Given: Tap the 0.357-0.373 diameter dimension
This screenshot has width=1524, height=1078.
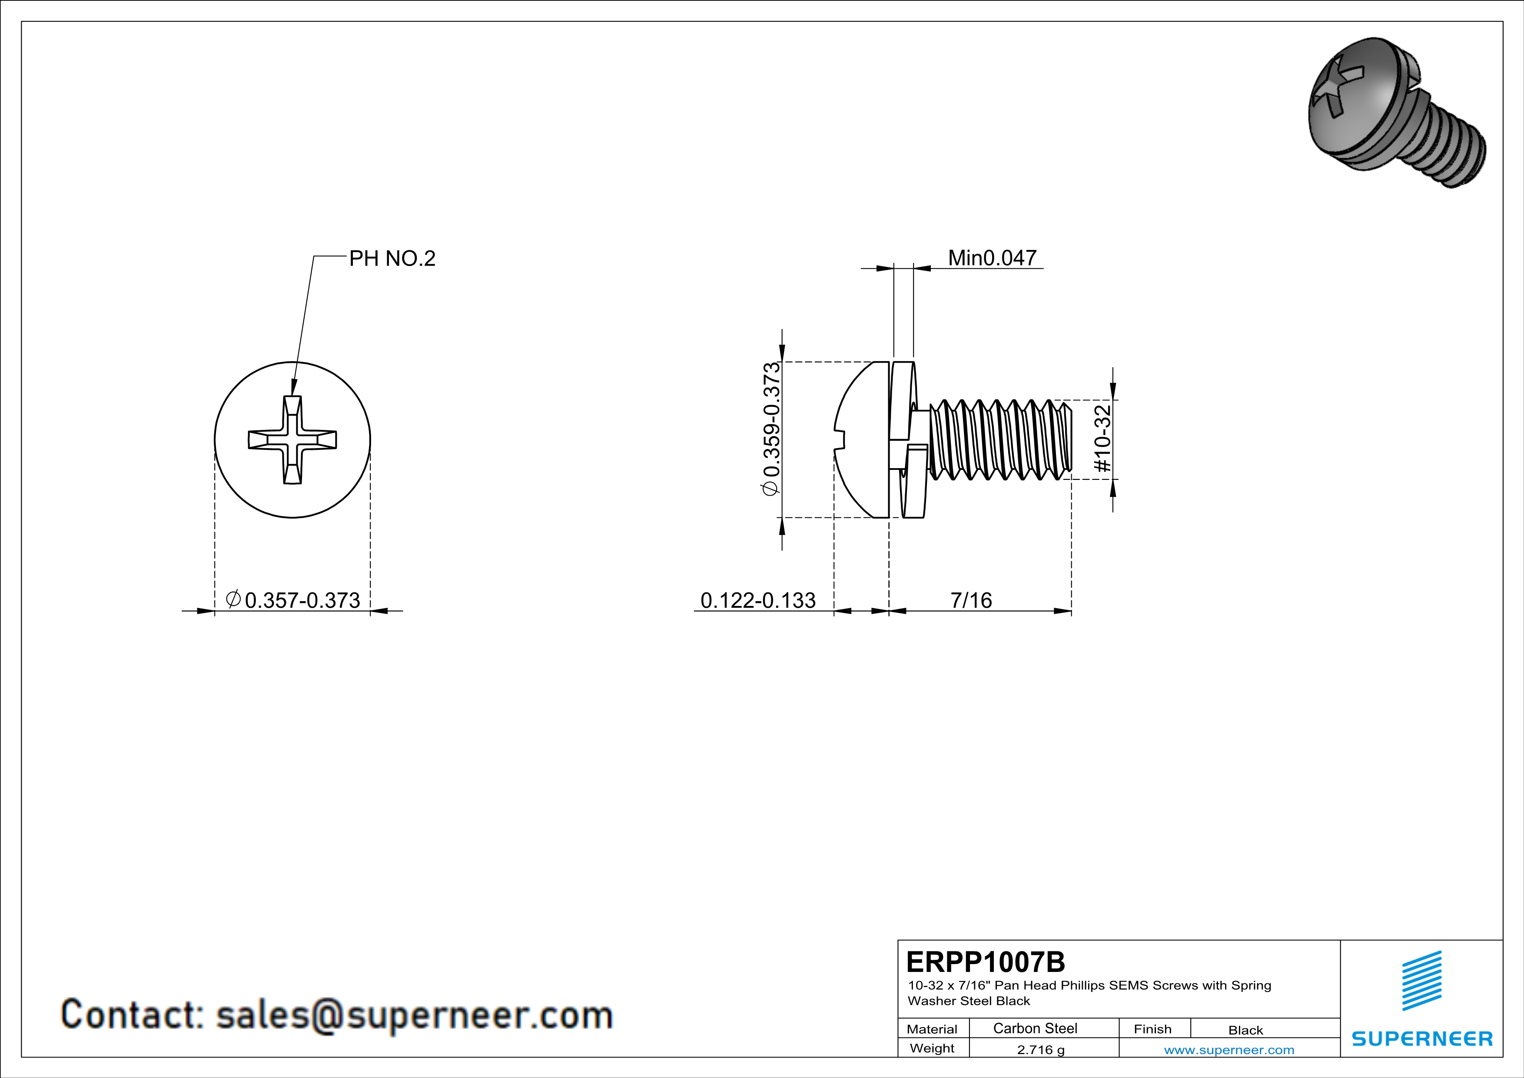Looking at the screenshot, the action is click(293, 599).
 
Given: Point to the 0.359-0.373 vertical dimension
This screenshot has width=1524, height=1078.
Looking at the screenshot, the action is click(771, 429).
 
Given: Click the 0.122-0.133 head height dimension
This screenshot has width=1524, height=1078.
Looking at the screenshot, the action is click(758, 600).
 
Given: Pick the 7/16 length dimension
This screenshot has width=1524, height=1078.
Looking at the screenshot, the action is click(971, 600).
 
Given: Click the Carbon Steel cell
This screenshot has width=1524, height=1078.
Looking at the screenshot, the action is click(1035, 1028).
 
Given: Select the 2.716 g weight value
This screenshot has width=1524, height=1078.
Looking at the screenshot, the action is click(1041, 1049).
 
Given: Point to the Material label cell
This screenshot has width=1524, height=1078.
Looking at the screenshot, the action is click(932, 1029).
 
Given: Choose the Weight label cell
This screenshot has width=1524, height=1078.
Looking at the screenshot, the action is click(932, 1048).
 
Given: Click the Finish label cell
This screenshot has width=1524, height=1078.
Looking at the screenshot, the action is click(1152, 1029).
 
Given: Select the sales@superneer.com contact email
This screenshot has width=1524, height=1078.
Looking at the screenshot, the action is click(414, 1015).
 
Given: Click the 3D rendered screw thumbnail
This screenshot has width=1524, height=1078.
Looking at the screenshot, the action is click(1397, 112).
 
